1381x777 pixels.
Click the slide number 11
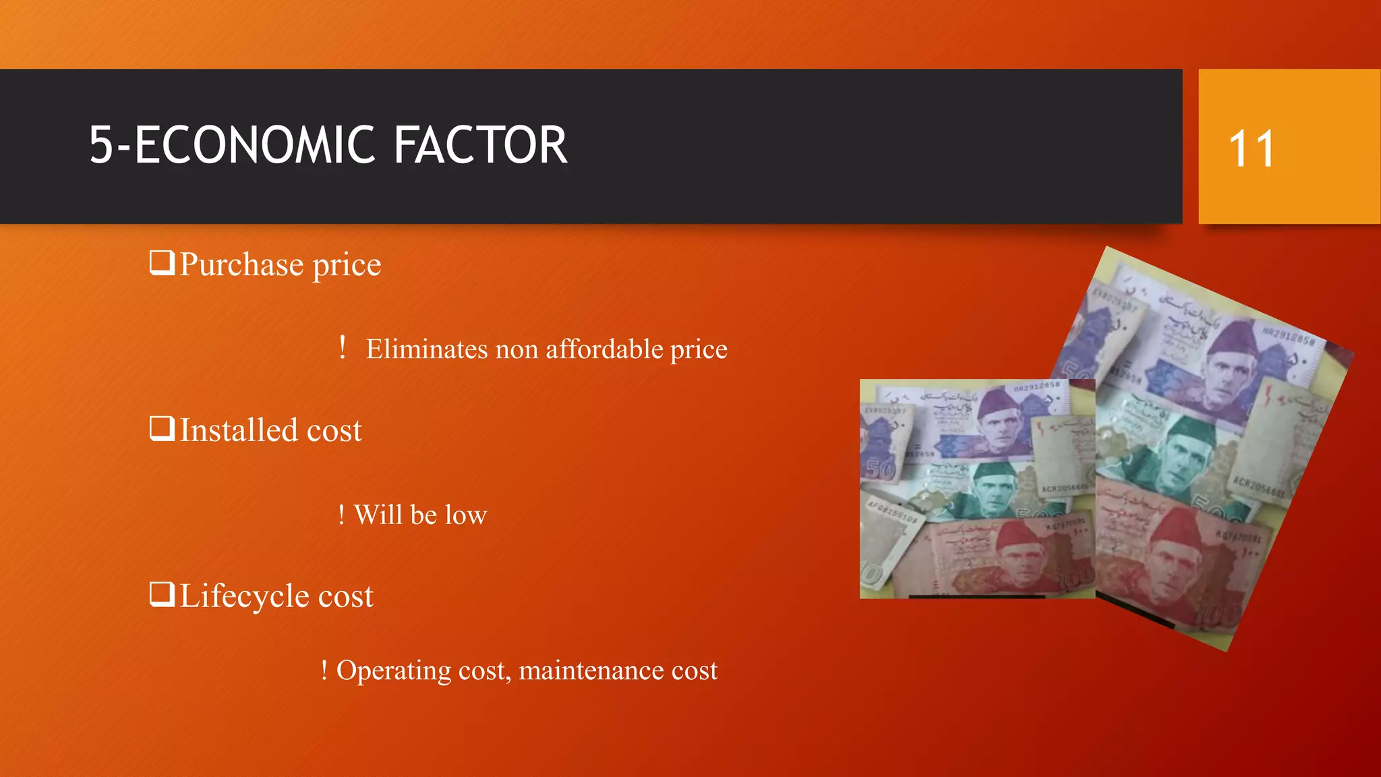click(1252, 148)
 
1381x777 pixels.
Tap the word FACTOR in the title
click(480, 146)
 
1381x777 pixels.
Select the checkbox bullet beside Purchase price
click(162, 262)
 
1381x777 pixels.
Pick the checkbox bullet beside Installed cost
click(162, 428)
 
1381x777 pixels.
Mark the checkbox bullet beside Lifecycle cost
click(162, 594)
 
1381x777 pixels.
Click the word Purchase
click(241, 264)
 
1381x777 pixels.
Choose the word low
click(465, 515)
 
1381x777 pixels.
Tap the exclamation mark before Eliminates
click(343, 348)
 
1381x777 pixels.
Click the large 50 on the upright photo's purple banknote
click(880, 469)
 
